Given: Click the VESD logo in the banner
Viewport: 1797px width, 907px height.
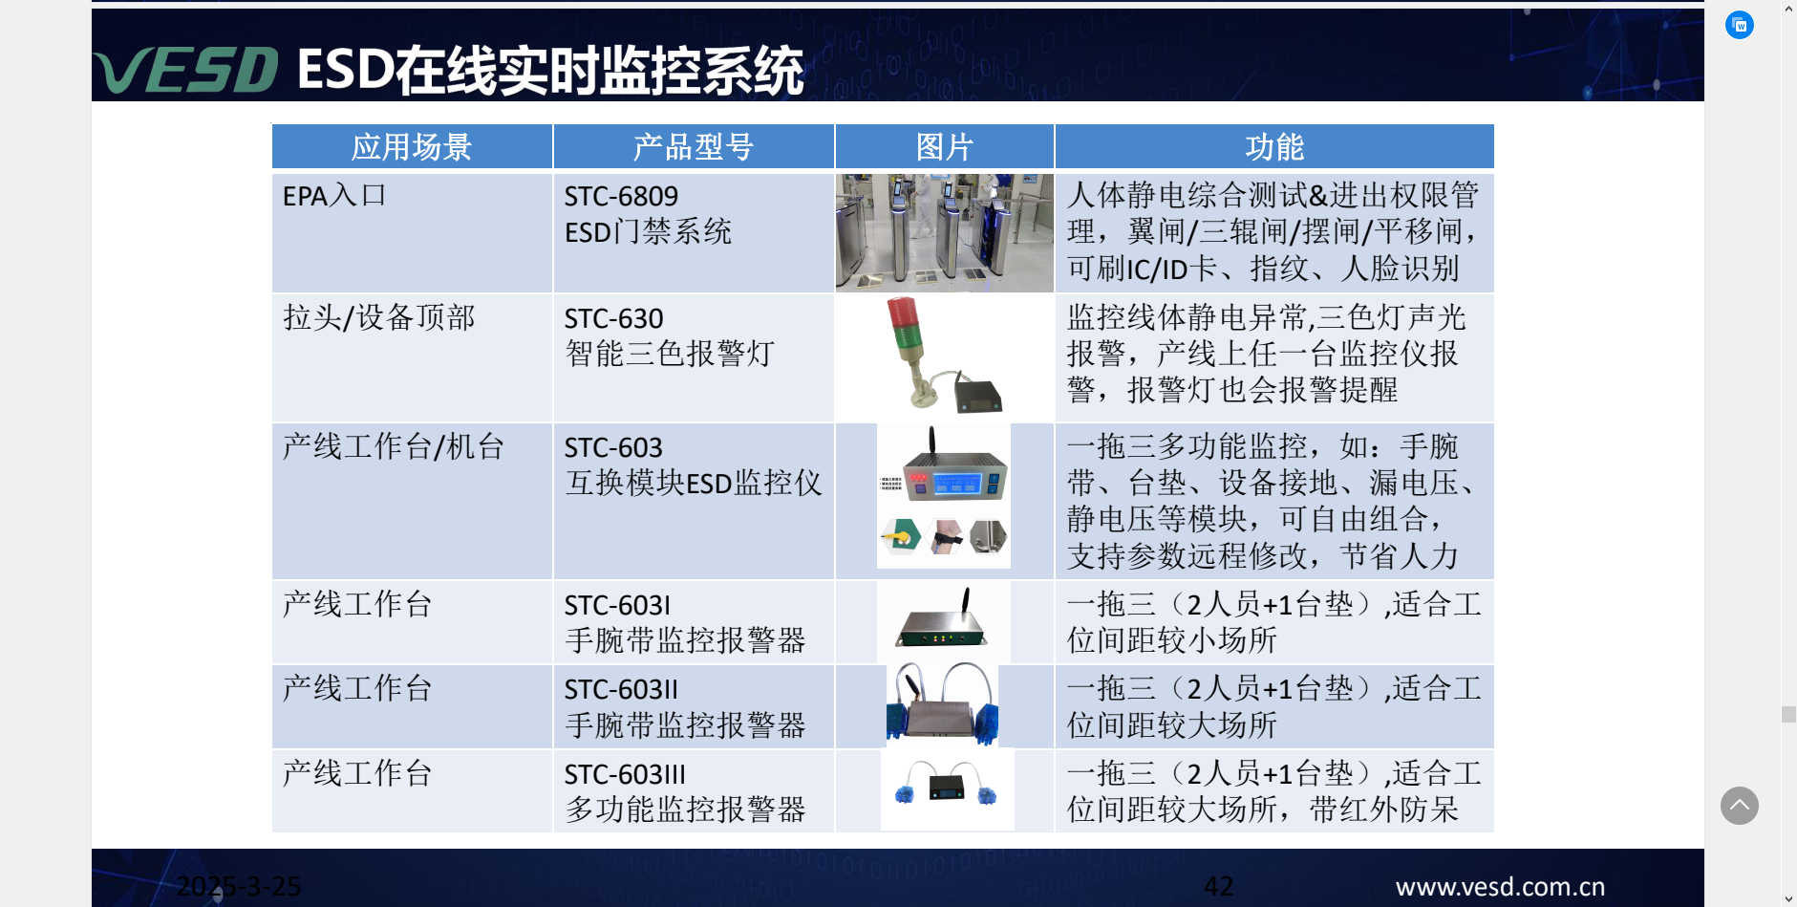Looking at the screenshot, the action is (x=186, y=70).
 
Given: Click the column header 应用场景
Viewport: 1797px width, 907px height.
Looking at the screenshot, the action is (x=412, y=147).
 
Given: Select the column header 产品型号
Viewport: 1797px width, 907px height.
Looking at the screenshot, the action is (x=694, y=147).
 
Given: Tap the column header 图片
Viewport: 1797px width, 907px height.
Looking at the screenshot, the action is (x=944, y=147).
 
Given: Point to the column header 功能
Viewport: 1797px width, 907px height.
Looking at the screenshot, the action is (x=1274, y=147).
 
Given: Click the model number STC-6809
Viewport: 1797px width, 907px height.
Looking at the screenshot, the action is (x=621, y=197).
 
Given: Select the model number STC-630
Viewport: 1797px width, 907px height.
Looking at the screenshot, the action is (x=613, y=318).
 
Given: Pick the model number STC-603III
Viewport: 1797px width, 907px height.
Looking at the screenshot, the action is (x=625, y=774).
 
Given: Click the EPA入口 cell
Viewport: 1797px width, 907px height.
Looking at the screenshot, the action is (x=334, y=196).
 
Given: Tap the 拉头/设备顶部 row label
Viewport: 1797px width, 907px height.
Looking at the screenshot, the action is (x=378, y=317).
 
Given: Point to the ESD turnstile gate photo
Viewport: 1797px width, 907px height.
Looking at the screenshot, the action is (x=944, y=232).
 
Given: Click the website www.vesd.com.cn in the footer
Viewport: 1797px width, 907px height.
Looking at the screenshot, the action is (x=1500, y=887).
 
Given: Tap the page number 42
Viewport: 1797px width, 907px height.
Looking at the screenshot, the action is (x=1218, y=886).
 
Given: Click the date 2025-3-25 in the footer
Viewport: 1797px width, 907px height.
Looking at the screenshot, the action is (x=239, y=886).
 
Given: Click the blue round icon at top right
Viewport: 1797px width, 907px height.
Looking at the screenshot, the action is (x=1740, y=25).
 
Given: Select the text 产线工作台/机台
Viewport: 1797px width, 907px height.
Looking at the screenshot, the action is (x=394, y=446).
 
